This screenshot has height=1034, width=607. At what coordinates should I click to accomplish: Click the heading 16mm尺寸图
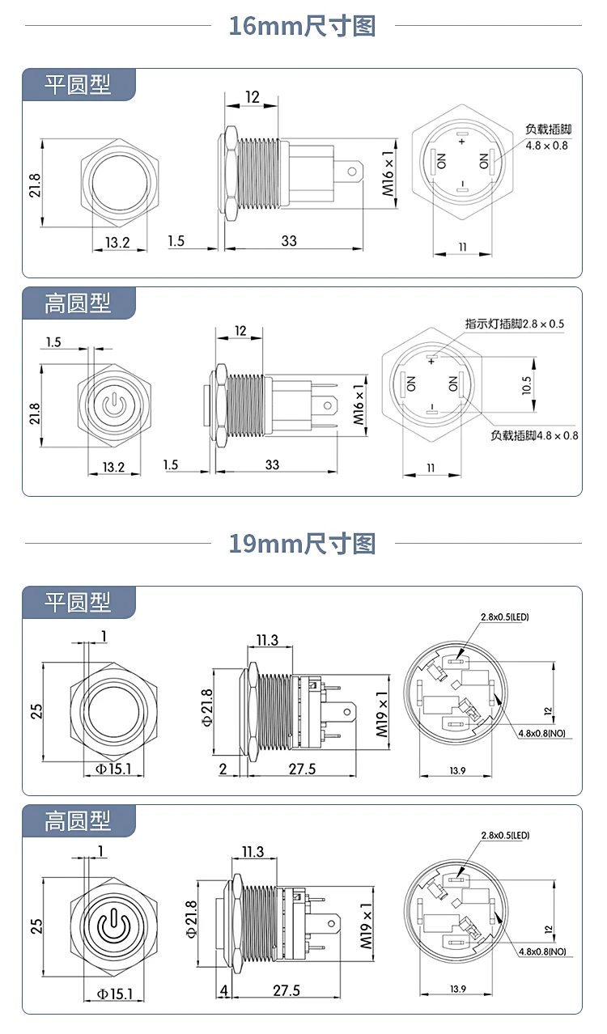point(303,26)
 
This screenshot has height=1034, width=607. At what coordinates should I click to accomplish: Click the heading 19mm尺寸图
point(303,544)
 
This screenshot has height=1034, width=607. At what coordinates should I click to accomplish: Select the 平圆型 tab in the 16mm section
point(79,85)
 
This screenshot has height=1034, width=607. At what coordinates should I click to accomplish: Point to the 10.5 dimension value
point(527,385)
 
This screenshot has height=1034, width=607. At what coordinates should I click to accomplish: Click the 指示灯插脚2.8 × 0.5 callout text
point(514,324)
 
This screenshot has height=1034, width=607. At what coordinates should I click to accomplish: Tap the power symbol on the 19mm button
point(113,926)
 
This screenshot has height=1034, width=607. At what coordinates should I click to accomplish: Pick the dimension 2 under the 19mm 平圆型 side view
point(223,769)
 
